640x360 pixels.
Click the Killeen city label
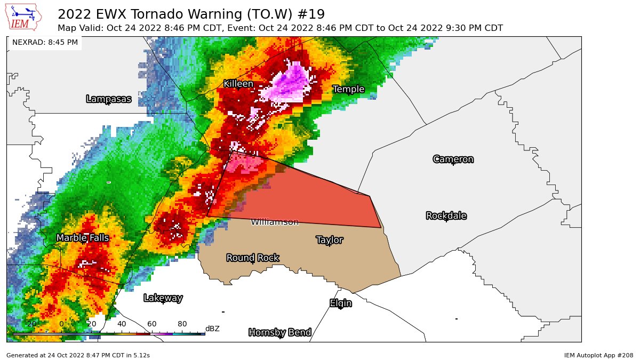238,84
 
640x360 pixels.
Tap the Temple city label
348,89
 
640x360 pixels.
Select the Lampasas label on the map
108,99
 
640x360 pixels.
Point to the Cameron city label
453,159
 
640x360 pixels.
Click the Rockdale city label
446,215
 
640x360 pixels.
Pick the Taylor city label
330,240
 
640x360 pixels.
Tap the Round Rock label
252,258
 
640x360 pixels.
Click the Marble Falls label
83,238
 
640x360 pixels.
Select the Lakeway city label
163,298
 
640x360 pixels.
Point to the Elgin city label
340,303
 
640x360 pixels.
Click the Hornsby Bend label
279,332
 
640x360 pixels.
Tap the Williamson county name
275,222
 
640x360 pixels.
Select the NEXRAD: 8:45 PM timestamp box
45,42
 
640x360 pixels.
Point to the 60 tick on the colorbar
152,324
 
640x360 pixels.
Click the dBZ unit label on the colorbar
212,329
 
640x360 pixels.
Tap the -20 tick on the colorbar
30,324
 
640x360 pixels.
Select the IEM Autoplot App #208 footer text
598,355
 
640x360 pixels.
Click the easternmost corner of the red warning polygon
381,228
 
